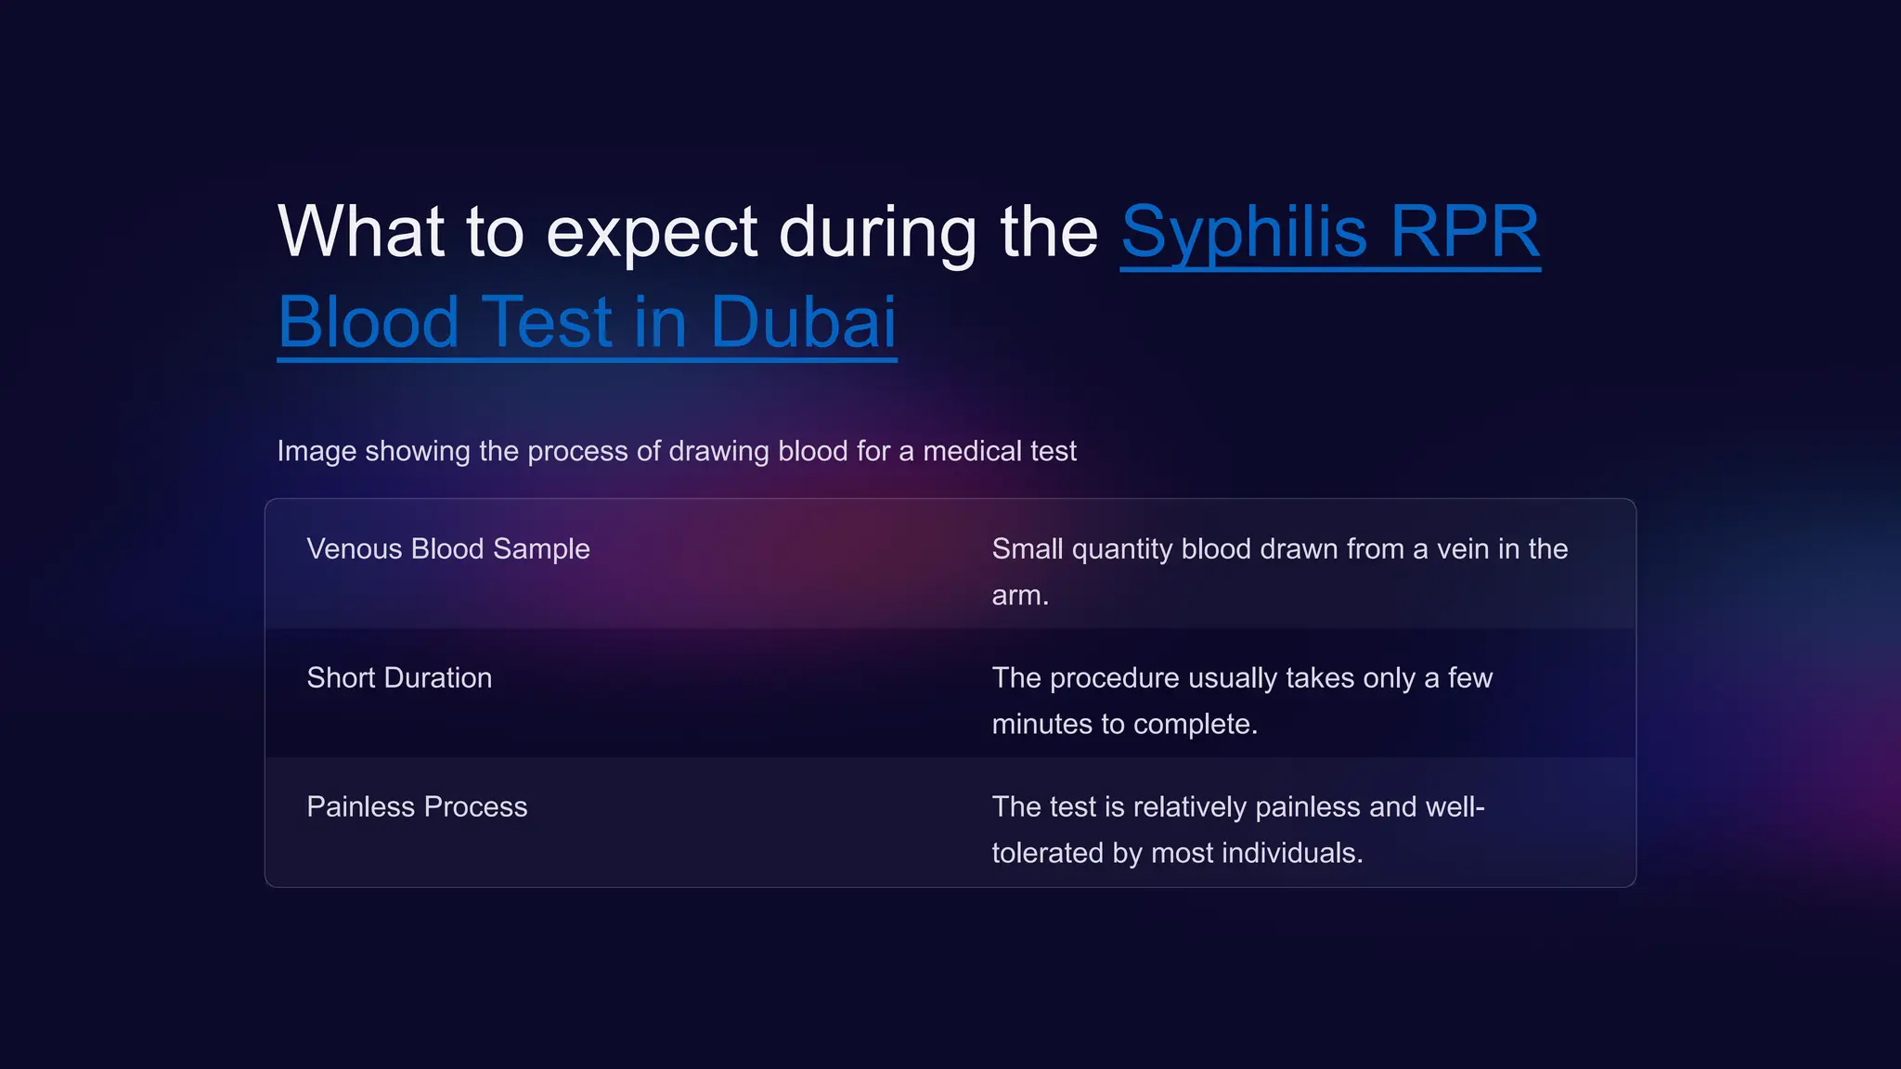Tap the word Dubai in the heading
803,323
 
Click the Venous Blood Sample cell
448,548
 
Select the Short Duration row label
399,677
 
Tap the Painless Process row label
417,806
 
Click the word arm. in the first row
1019,596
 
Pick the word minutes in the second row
1041,725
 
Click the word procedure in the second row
1114,677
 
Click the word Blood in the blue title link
369,323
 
